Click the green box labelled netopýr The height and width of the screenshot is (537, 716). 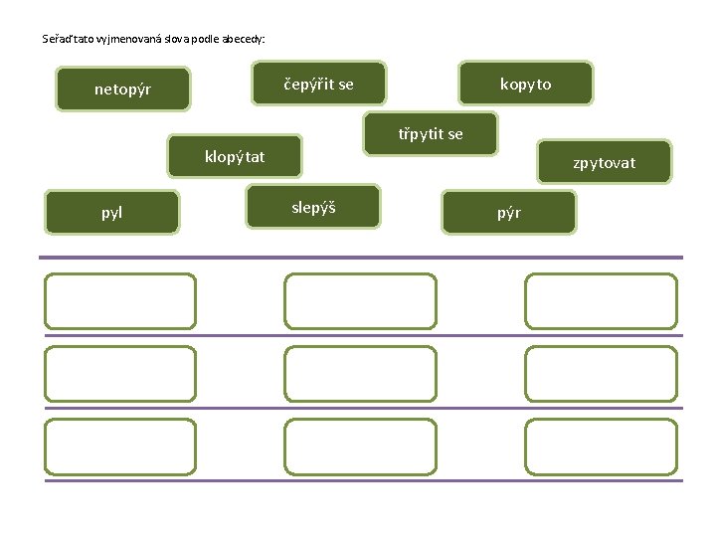coord(122,89)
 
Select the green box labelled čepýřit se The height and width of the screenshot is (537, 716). coord(318,84)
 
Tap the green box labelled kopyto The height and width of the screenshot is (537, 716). coord(526,84)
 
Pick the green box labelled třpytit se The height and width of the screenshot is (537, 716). coord(431,133)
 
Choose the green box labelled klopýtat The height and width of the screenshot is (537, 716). coord(235,156)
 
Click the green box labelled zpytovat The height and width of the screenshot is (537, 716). coord(604,162)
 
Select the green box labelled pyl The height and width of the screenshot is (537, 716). coord(112,212)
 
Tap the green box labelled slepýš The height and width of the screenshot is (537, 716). coord(313,207)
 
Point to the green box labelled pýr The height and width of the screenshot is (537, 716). coord(509,212)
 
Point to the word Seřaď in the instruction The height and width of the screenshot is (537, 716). coord(57,40)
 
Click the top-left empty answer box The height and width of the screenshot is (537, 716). coord(120,301)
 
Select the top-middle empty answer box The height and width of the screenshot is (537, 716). coord(360,301)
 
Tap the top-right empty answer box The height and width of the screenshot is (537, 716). coord(601,301)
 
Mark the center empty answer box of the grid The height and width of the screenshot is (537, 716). coord(360,374)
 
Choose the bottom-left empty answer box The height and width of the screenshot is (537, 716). coord(120,447)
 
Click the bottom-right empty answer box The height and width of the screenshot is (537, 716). coord(601,447)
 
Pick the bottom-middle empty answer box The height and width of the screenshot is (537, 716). coord(360,447)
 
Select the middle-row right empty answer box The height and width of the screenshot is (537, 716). coord(601,374)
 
